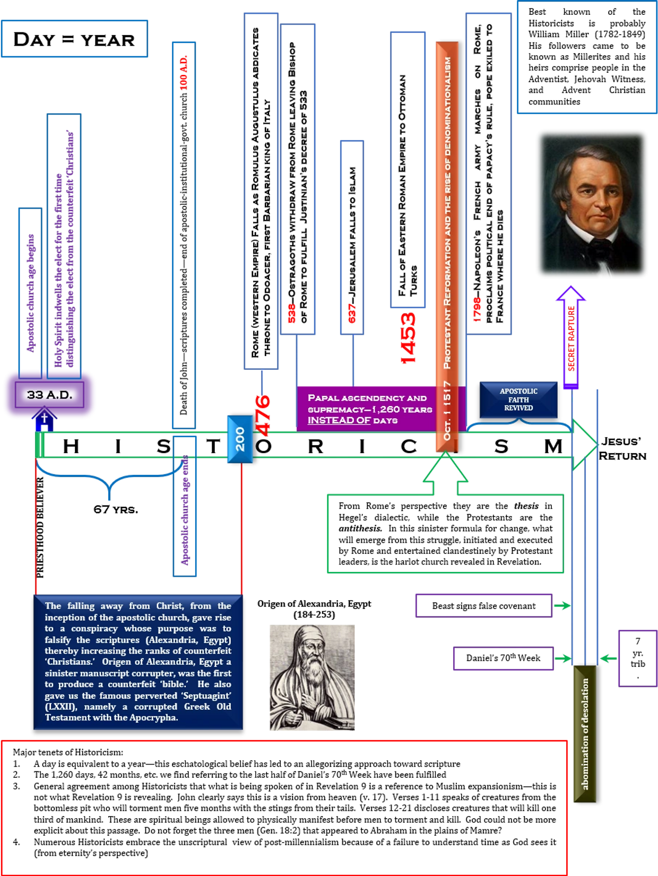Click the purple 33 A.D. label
tap(49, 395)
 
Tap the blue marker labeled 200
tap(240, 439)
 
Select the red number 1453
tap(408, 338)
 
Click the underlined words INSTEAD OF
tap(339, 420)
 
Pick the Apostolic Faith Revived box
tap(518, 400)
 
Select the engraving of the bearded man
tap(312, 678)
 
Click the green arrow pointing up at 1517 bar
tap(446, 472)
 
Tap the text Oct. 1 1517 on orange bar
tap(447, 411)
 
